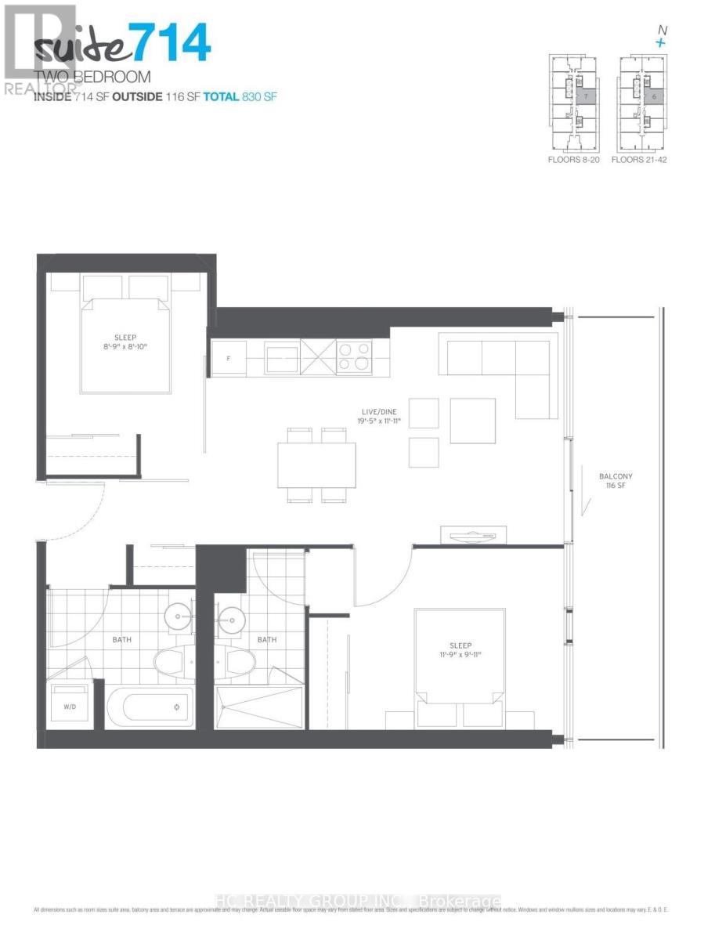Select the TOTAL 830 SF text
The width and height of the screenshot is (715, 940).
[240, 96]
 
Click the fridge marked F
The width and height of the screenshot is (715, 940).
[227, 357]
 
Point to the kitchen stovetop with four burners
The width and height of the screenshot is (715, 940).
[355, 357]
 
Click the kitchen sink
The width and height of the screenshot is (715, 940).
[280, 359]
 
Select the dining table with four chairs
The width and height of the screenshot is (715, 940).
[312, 465]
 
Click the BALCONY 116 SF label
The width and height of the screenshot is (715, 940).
[616, 481]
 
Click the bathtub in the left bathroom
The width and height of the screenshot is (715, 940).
[155, 709]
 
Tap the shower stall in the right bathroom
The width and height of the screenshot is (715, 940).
[258, 708]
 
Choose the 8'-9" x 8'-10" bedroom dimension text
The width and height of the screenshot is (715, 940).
[125, 347]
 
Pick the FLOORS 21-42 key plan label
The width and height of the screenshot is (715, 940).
[639, 159]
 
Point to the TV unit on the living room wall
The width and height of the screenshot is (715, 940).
[473, 535]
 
